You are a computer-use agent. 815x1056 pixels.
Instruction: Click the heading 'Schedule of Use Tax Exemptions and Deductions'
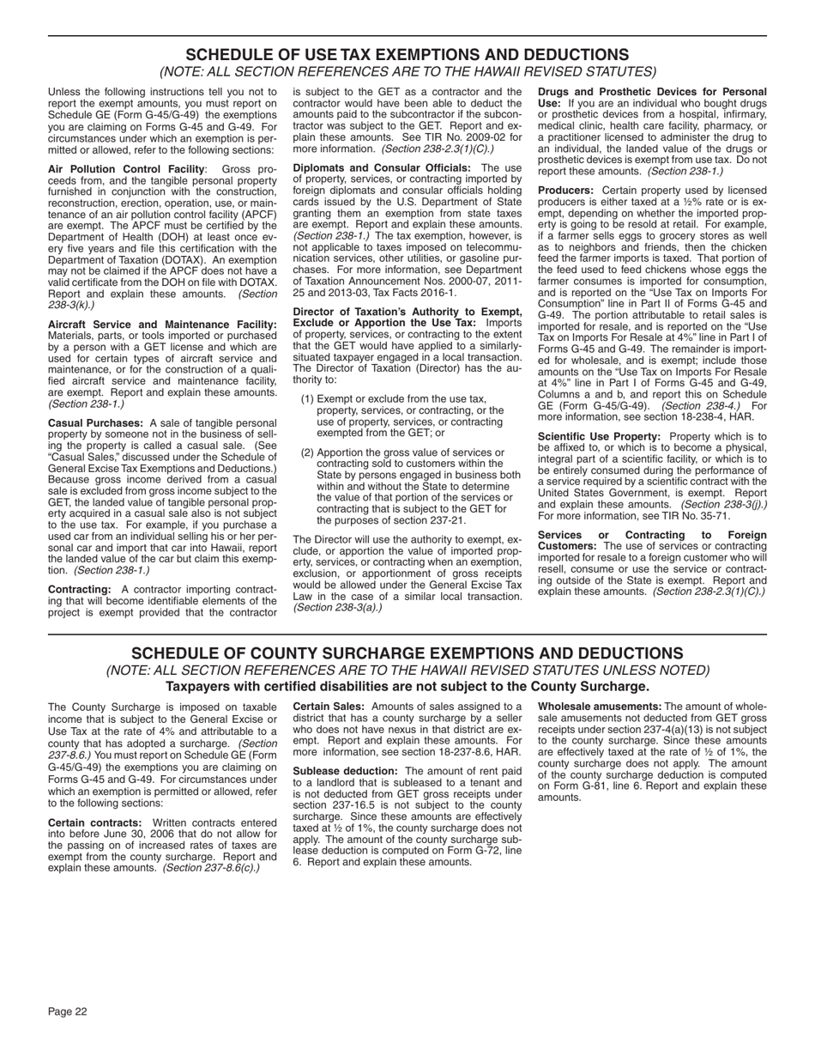coord(407,54)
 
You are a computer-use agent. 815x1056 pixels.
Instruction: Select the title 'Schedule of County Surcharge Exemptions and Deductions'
coord(407,653)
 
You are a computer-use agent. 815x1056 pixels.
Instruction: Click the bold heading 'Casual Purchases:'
coord(95,423)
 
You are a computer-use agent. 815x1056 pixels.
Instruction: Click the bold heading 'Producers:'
coord(565,190)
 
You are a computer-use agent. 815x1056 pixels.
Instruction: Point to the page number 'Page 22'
coord(68,1011)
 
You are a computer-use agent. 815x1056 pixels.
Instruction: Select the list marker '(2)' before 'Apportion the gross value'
coord(308,452)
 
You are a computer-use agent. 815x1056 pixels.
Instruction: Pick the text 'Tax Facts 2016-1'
coord(413,292)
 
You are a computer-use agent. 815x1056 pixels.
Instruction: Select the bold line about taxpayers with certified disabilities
coord(407,686)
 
